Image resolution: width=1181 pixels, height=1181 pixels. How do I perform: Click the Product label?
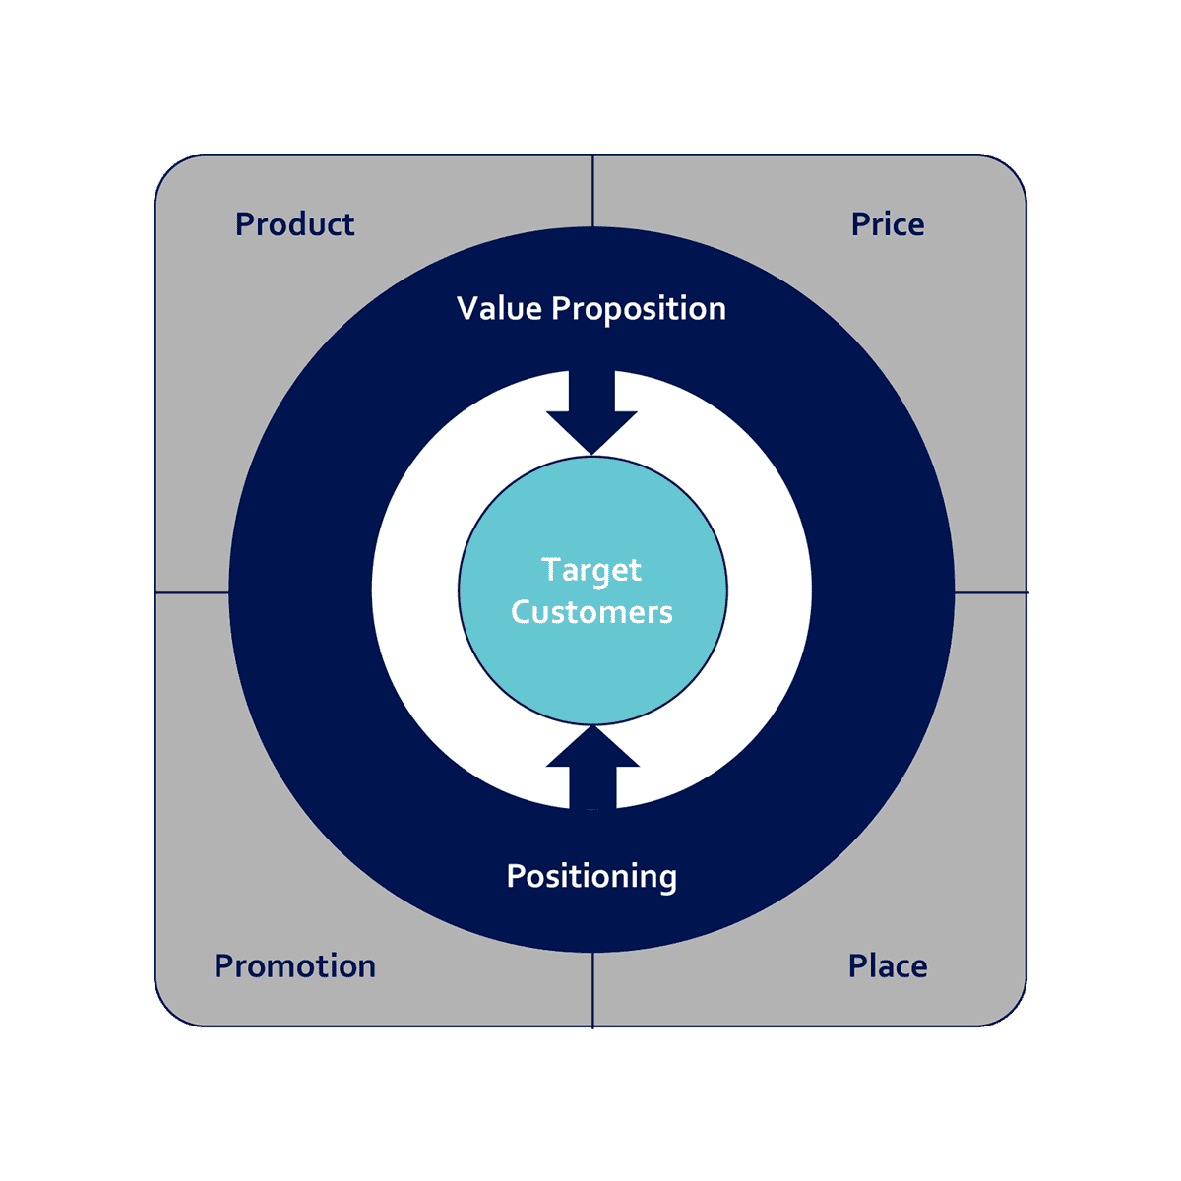(x=294, y=224)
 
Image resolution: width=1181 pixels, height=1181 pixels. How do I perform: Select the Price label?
(x=888, y=224)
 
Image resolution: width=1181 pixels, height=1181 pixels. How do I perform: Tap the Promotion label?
(x=294, y=966)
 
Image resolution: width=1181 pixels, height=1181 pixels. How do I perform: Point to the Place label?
(x=888, y=966)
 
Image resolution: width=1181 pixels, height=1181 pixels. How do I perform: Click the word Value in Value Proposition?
(x=499, y=309)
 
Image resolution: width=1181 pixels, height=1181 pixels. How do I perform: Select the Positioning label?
(x=591, y=877)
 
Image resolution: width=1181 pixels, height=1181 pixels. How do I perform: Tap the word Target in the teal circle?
(x=591, y=571)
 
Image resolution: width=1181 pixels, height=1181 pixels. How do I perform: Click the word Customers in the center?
(x=591, y=612)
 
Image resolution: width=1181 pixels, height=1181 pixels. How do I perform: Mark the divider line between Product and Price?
(x=592, y=191)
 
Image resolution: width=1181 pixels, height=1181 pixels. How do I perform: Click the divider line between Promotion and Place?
(x=592, y=990)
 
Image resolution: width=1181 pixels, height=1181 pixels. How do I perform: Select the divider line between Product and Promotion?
(x=192, y=592)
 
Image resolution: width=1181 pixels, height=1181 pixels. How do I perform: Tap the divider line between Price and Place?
(x=990, y=592)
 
